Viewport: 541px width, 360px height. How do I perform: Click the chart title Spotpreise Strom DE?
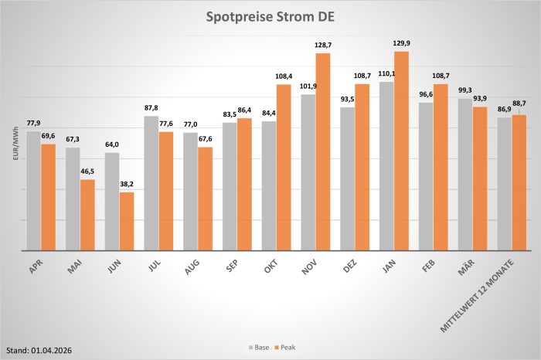coord(270,16)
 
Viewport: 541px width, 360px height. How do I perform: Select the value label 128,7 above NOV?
coord(323,46)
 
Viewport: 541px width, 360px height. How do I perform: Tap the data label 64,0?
coord(112,146)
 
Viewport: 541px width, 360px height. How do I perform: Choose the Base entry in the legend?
coord(258,348)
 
